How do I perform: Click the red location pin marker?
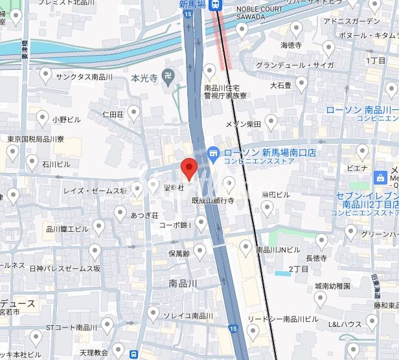188,168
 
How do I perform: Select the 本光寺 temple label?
144,78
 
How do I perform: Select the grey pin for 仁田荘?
134,114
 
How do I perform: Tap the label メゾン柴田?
243,124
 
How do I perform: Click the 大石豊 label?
280,85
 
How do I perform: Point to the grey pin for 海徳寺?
297,28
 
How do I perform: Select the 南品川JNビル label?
278,249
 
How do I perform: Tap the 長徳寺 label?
317,258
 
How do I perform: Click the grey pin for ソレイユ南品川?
153,315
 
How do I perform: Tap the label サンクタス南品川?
84,76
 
